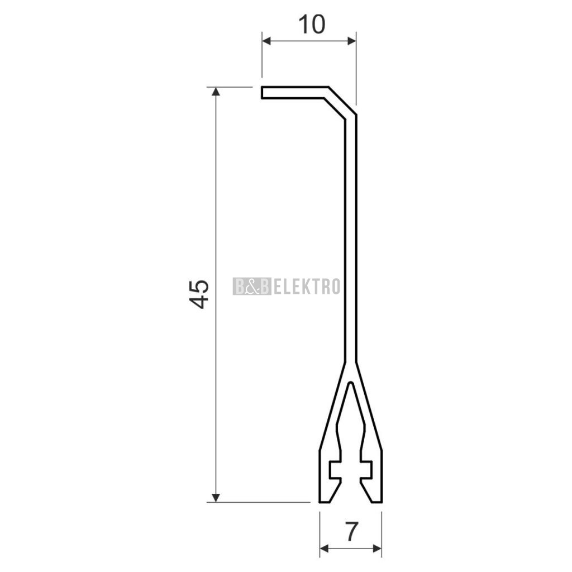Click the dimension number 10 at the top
coord(312,25)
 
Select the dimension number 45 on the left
coord(199,294)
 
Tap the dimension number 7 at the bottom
coord(351,532)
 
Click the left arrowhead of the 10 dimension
coord(266,41)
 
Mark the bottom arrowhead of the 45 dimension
coord(216,498)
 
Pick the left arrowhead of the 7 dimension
coord(325,549)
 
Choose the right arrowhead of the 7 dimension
coord(377,549)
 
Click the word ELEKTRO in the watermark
coord(307,287)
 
